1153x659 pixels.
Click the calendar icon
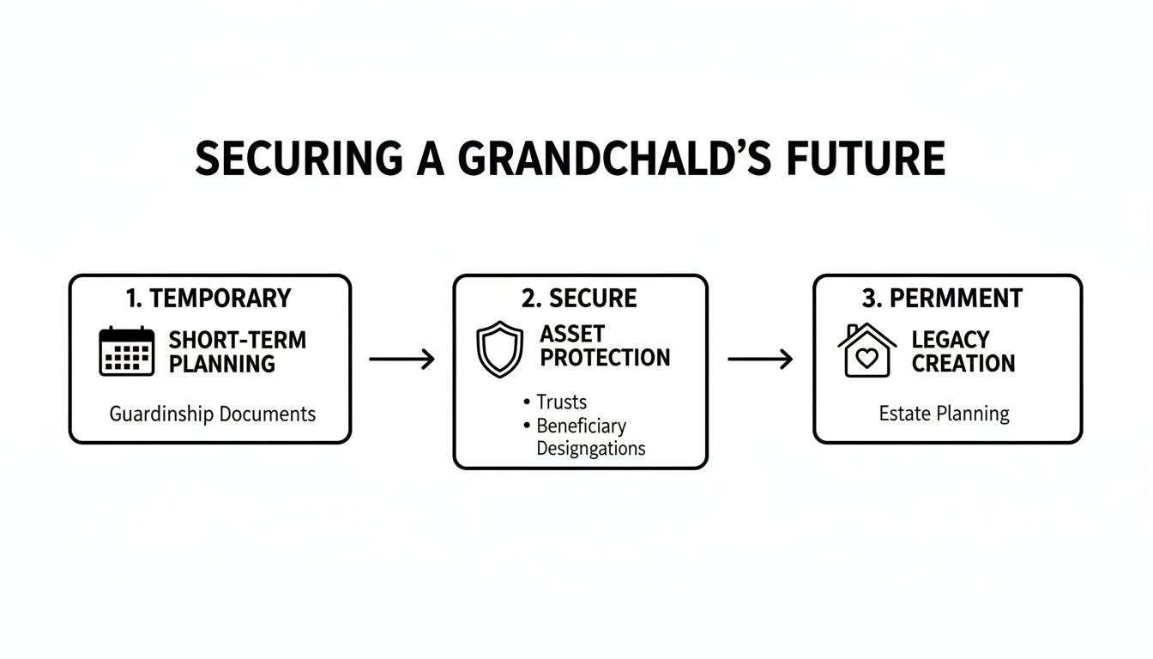(x=127, y=351)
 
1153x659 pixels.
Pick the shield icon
(x=499, y=348)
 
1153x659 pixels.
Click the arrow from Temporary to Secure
(x=401, y=359)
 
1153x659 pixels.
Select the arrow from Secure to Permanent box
(x=760, y=359)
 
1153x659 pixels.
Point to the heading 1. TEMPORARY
(x=208, y=299)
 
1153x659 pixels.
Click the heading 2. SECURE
(x=579, y=299)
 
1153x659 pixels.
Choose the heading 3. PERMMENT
(x=942, y=299)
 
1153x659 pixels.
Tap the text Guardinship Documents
(x=212, y=414)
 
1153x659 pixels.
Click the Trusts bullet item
(x=561, y=402)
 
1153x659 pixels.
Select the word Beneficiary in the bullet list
(x=581, y=426)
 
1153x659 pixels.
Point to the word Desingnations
(x=590, y=448)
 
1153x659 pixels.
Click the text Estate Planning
(x=944, y=414)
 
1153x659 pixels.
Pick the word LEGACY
(x=951, y=340)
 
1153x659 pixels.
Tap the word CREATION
(x=963, y=364)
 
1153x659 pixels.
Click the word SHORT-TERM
(x=237, y=340)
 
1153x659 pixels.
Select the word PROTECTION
(x=605, y=358)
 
